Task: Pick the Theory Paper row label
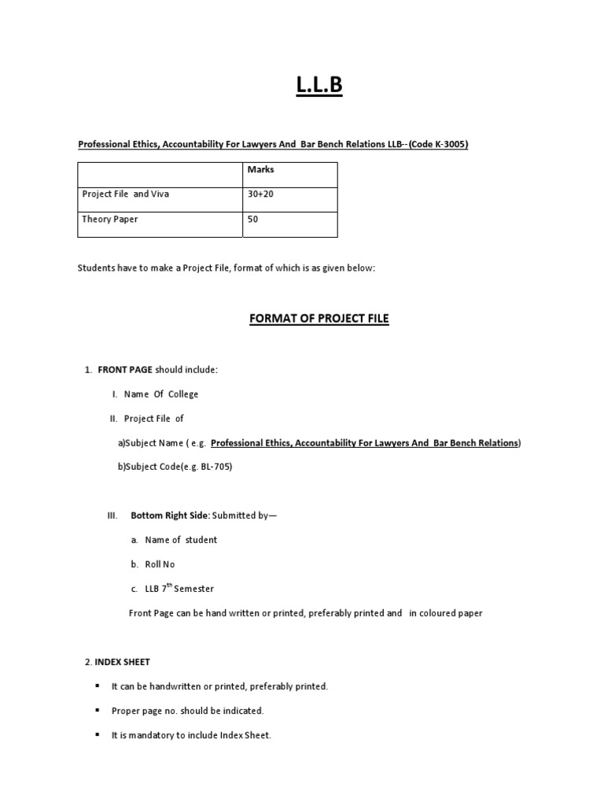coord(110,220)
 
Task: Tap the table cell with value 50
coord(252,220)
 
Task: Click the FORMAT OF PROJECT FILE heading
coord(319,319)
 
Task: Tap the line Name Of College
coord(161,394)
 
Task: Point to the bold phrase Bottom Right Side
coord(169,516)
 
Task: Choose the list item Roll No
coord(160,564)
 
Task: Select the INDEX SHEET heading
coord(128,662)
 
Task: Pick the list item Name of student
coord(181,540)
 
